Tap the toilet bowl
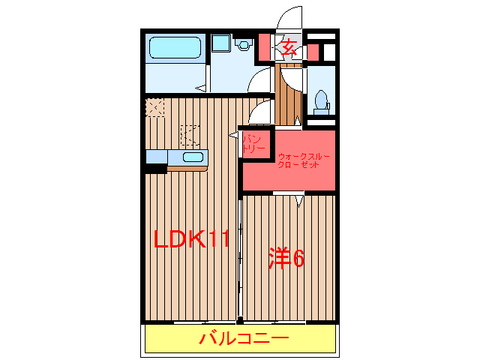pyautogui.click(x=322, y=99)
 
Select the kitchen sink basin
pyautogui.click(x=193, y=157)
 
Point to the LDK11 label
pyautogui.click(x=190, y=239)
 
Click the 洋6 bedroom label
pyautogui.click(x=286, y=259)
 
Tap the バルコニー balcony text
pyautogui.click(x=243, y=339)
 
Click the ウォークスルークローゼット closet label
pyautogui.click(x=303, y=160)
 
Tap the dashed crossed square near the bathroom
pyautogui.click(x=155, y=107)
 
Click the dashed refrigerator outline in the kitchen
pyautogui.click(x=190, y=135)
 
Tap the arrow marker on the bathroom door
pyautogui.click(x=200, y=88)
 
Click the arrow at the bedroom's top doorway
pyautogui.click(x=298, y=199)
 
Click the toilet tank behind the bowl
pyautogui.click(x=322, y=110)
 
